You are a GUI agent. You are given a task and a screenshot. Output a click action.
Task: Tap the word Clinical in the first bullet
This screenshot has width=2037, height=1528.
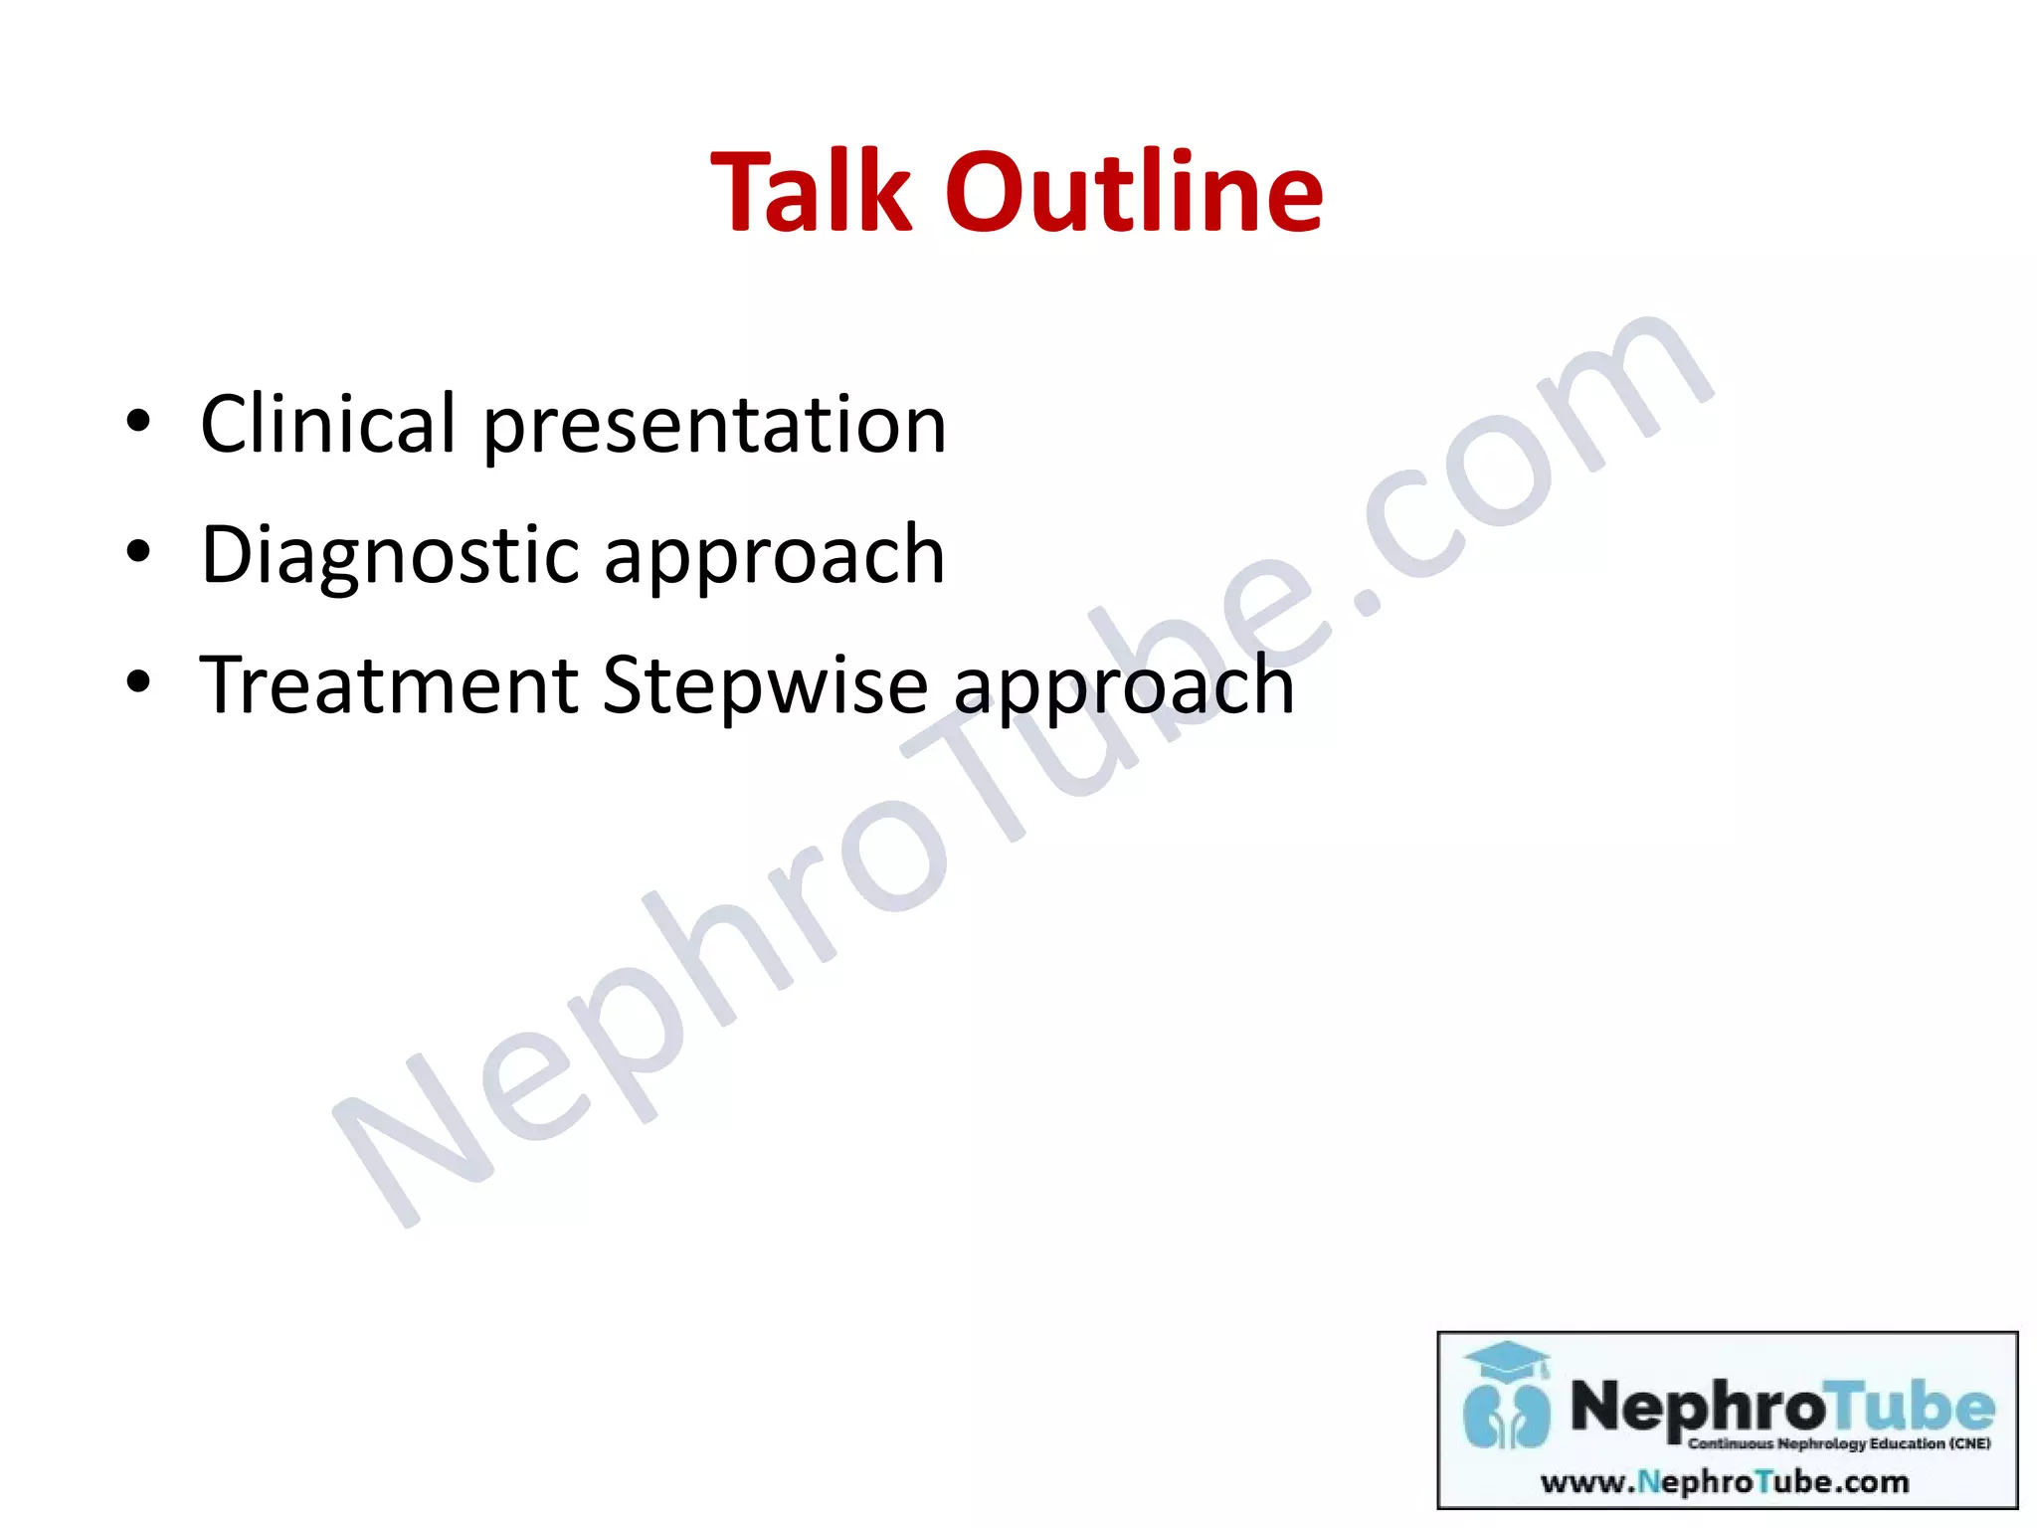(327, 425)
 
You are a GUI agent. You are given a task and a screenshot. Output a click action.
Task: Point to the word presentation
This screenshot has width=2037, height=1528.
(714, 428)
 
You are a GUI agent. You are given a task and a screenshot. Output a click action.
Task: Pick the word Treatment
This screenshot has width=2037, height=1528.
(389, 685)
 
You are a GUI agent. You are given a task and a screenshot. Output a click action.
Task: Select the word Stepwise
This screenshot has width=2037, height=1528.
(765, 687)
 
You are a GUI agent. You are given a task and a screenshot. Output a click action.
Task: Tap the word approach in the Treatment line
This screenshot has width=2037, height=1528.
(1124, 689)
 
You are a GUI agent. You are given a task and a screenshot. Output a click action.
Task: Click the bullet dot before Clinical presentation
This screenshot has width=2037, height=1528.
(138, 422)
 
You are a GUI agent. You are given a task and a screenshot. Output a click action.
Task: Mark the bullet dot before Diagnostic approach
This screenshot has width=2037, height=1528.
(138, 552)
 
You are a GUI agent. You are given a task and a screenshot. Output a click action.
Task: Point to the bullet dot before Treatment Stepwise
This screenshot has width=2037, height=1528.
(138, 682)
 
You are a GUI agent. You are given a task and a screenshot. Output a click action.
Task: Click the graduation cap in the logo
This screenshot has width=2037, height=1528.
(1508, 1361)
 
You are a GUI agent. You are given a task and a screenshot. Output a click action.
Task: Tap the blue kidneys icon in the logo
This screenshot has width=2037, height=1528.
(1506, 1415)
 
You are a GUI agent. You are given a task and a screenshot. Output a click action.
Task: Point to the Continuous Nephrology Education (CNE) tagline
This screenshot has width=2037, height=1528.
(1839, 1443)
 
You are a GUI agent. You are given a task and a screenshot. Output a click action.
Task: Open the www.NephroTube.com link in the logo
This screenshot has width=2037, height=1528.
(1725, 1482)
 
